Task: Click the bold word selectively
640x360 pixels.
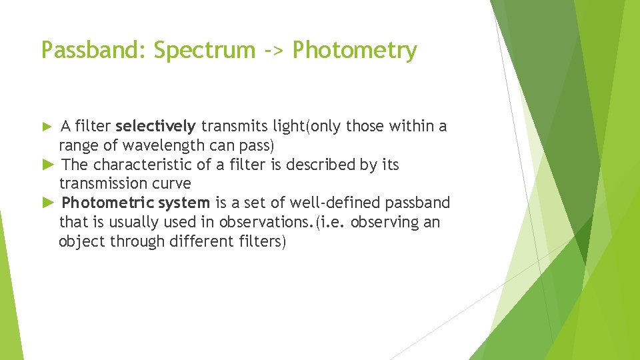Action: coord(155,126)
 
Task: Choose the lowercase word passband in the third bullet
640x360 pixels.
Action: coord(418,203)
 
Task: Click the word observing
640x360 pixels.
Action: coord(384,222)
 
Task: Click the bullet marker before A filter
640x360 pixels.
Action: coord(47,126)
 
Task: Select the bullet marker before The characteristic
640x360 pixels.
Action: coord(47,164)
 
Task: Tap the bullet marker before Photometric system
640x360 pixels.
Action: coord(47,202)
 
